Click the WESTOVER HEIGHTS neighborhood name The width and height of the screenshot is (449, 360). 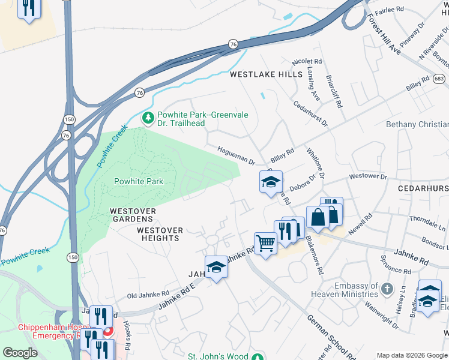click(x=158, y=234)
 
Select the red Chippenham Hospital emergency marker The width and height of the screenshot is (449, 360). click(x=108, y=331)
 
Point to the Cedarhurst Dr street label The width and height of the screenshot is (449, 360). click(x=311, y=113)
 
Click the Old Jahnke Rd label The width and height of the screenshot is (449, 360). click(x=148, y=295)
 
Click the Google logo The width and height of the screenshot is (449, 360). click(x=20, y=353)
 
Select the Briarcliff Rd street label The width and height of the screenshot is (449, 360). click(x=334, y=92)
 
